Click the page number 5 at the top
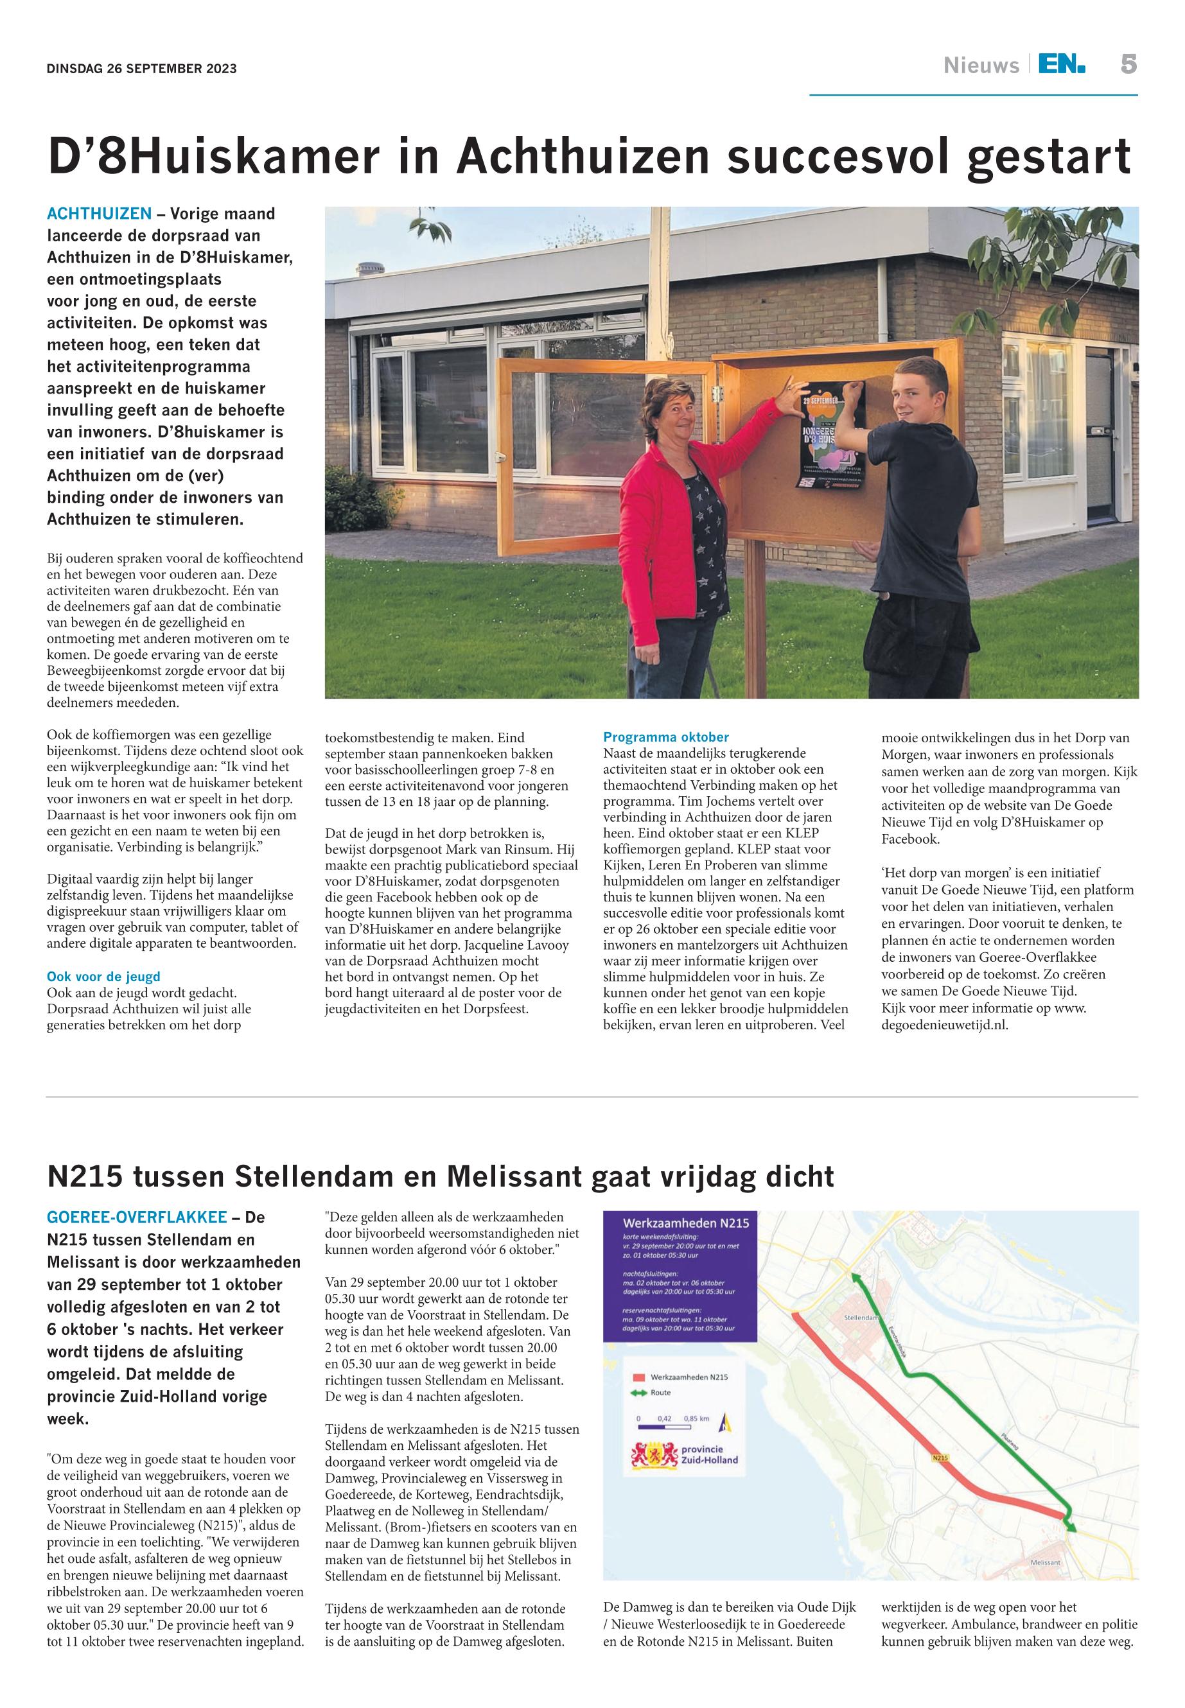pyautogui.click(x=1128, y=65)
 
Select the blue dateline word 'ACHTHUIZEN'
pyautogui.click(x=100, y=214)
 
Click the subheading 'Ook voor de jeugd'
pyautogui.click(x=103, y=976)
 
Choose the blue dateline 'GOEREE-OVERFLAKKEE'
pyautogui.click(x=137, y=1217)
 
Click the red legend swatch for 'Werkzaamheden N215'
pyautogui.click(x=639, y=1377)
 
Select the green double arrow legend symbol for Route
pyautogui.click(x=638, y=1393)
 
